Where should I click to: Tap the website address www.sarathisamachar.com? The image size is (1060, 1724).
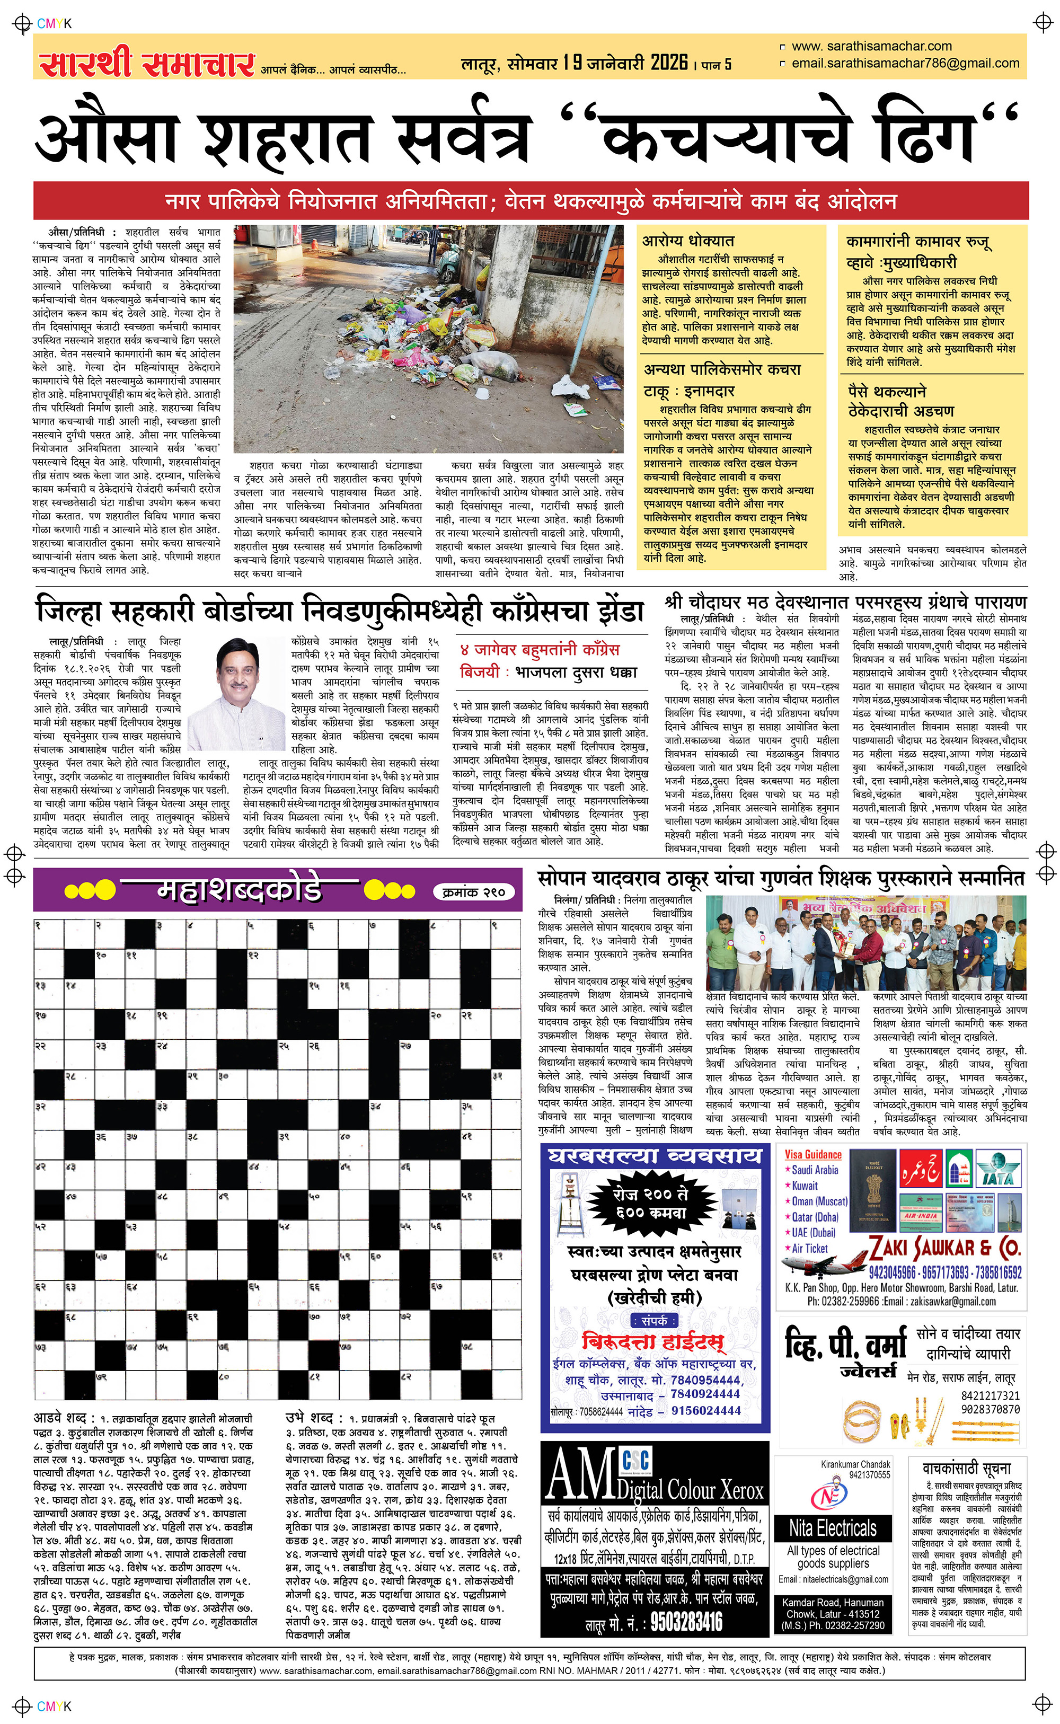coord(871,46)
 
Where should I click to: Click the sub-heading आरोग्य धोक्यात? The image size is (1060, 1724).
coord(688,241)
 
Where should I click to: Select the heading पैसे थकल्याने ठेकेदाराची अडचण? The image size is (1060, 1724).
coord(901,401)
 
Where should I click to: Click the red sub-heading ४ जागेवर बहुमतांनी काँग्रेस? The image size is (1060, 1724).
coord(540,650)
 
